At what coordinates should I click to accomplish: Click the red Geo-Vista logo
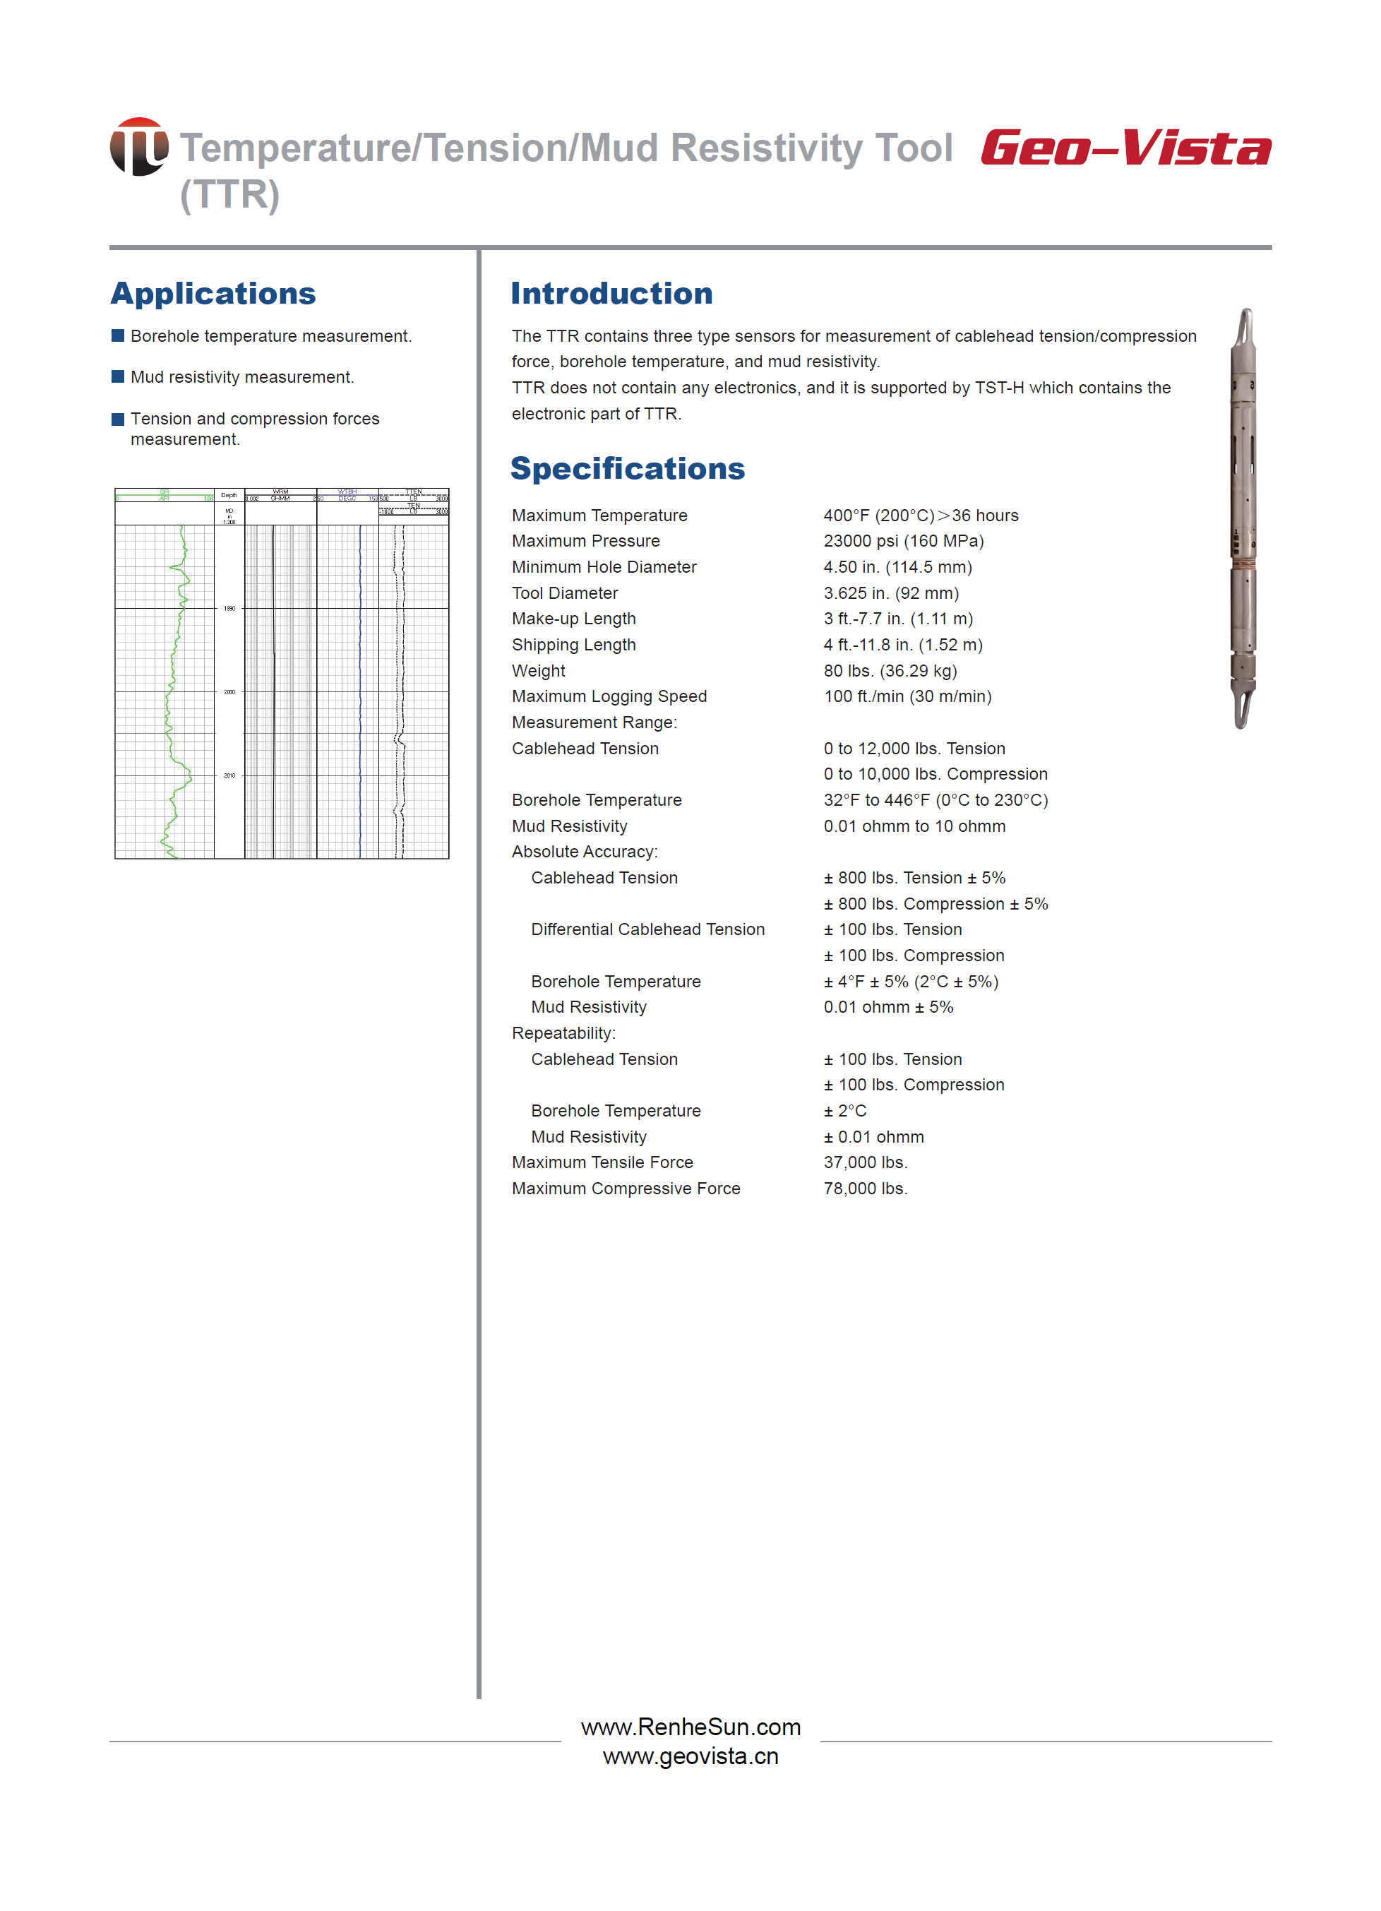(x=1125, y=148)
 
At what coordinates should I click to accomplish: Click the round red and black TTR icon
(x=139, y=147)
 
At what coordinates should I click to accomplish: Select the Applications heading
(x=213, y=293)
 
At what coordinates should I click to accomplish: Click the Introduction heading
(x=611, y=293)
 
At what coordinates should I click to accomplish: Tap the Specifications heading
(x=627, y=468)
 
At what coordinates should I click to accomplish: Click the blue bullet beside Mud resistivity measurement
(x=118, y=376)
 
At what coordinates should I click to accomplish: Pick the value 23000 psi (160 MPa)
(x=903, y=541)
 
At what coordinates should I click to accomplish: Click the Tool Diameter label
(x=565, y=593)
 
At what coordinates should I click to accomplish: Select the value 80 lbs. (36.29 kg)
(x=890, y=671)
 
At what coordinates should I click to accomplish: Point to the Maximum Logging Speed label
(x=609, y=696)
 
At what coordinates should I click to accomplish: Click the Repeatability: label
(x=563, y=1033)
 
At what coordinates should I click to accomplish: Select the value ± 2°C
(x=845, y=1111)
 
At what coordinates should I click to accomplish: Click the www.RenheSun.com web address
(x=690, y=1727)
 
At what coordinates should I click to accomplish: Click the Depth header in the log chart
(x=229, y=496)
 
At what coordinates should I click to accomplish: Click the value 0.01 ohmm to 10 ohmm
(x=914, y=826)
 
